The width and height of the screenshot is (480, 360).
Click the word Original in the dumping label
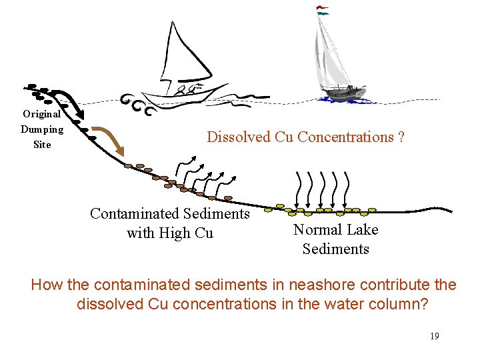click(x=42, y=114)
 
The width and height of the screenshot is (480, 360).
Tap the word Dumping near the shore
click(x=42, y=129)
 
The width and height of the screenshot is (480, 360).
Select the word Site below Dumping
click(x=42, y=145)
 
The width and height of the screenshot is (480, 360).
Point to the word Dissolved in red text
click(x=235, y=137)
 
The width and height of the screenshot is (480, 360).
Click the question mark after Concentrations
click(x=401, y=137)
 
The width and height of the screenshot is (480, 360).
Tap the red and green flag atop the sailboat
click(x=323, y=10)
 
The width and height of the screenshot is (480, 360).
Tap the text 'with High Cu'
click(x=170, y=233)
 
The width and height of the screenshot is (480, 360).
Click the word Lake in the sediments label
click(x=362, y=230)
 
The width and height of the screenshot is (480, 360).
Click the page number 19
click(x=434, y=336)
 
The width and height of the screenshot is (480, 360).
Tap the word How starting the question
click(x=47, y=285)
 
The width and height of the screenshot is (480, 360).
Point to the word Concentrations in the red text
click(x=346, y=137)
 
